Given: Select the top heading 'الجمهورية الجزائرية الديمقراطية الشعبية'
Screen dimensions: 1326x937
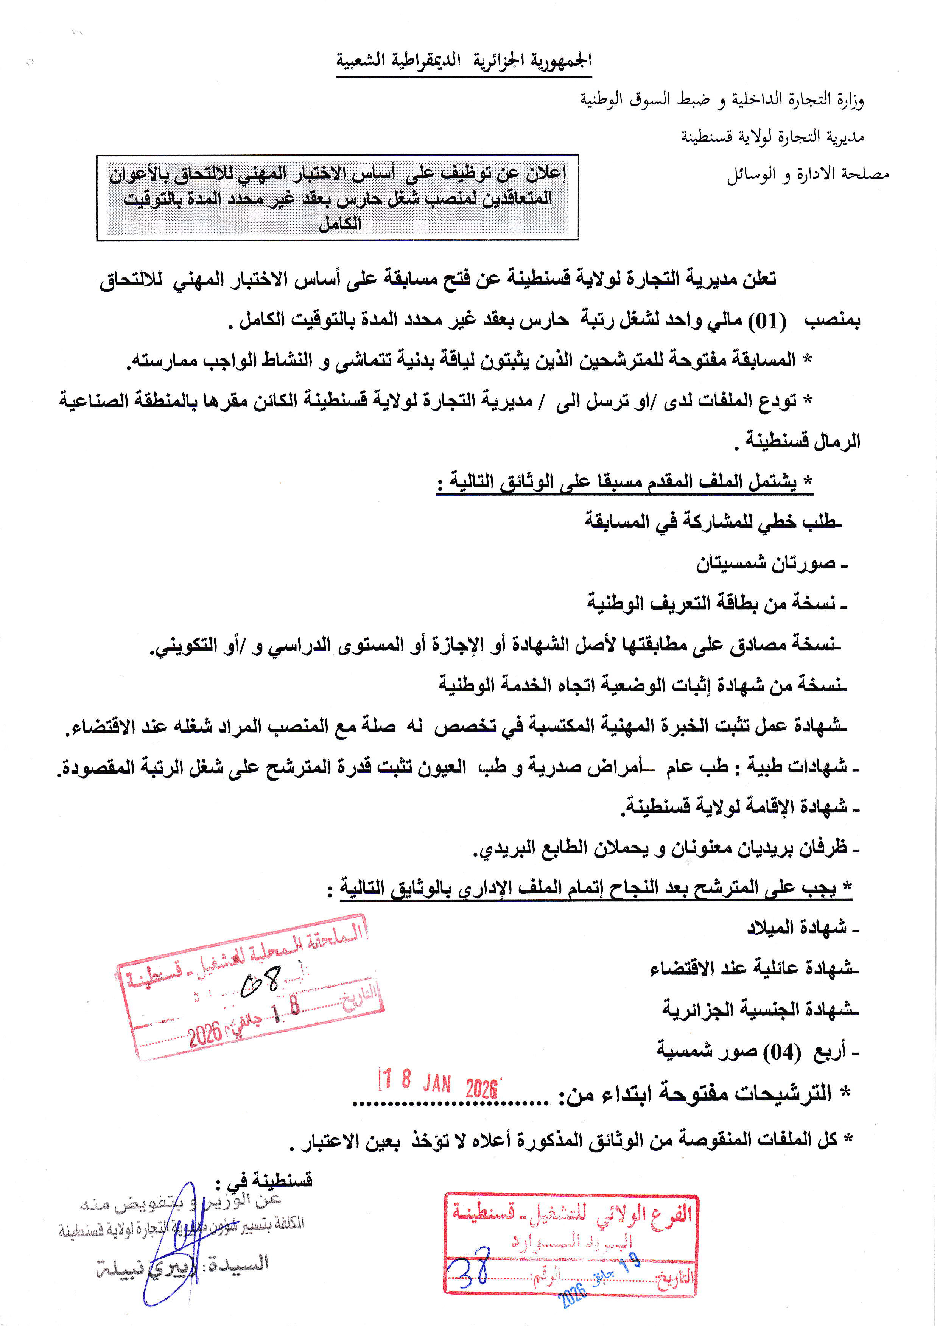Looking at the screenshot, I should coord(464,61).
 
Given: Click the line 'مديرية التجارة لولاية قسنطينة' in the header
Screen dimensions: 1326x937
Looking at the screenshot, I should coord(772,137).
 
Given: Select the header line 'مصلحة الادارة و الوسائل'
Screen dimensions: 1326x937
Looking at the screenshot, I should coord(808,174).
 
